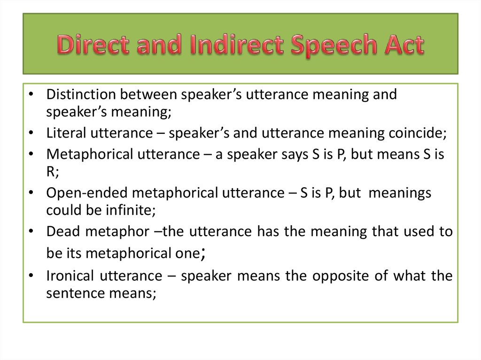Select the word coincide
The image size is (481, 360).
pyautogui.click(x=416, y=133)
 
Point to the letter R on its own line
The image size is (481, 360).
pyautogui.click(x=51, y=171)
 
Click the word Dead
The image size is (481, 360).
pyautogui.click(x=61, y=231)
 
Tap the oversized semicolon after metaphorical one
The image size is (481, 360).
pyautogui.click(x=202, y=254)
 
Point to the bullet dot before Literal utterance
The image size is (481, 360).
pyautogui.click(x=31, y=134)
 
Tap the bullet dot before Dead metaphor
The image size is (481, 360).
pyautogui.click(x=31, y=232)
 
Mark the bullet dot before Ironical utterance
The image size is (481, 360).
pyautogui.click(x=31, y=276)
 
